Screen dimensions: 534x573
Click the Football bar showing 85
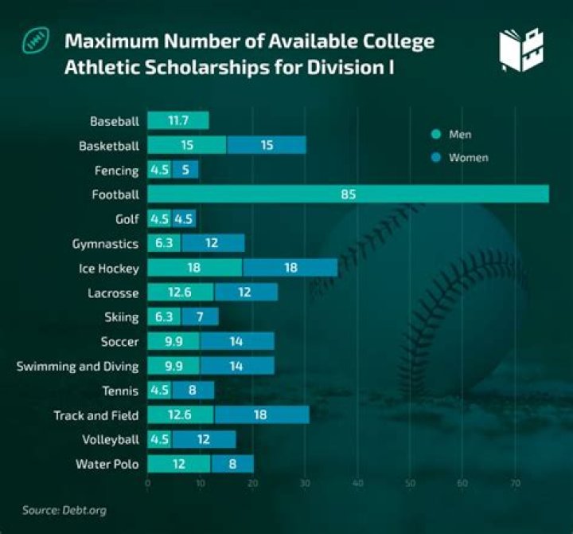coord(348,194)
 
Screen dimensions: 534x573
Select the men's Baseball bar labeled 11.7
coord(177,121)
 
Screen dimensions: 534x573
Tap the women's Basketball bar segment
coord(267,146)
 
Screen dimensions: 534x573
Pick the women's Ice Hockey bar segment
coord(290,268)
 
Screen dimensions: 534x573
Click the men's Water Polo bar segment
coord(178,464)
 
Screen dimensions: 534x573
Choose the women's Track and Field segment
coord(261,415)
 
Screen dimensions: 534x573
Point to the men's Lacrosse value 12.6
coord(180,293)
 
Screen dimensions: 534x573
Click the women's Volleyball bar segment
coord(204,439)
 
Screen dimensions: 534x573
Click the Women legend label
coord(468,158)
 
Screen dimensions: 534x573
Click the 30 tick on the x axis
coord(305,483)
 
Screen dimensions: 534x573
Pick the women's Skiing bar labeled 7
coord(200,317)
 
